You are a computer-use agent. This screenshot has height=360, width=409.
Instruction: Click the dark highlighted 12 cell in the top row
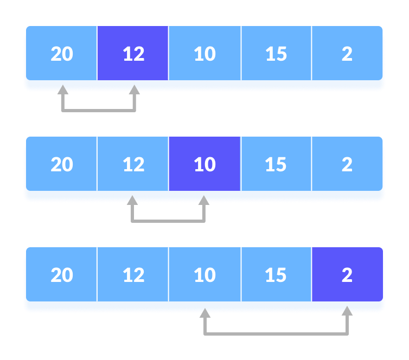pos(133,54)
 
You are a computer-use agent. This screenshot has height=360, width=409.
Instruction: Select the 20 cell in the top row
pos(62,54)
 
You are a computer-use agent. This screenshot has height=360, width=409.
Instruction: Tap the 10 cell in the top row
pos(204,54)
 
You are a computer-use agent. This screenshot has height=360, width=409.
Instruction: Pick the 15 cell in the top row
pos(276,54)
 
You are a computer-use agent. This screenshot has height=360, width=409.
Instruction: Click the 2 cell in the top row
pos(347,54)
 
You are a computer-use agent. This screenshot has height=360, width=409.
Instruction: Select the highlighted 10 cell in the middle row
pos(204,164)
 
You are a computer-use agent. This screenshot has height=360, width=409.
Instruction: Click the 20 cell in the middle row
pos(62,164)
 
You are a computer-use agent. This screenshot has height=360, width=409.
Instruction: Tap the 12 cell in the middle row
pos(133,164)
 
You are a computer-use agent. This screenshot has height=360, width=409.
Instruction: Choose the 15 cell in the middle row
pos(276,164)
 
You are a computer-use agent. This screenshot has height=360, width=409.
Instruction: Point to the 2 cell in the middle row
pos(347,164)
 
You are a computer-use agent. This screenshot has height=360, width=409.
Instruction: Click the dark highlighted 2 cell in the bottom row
pos(347,275)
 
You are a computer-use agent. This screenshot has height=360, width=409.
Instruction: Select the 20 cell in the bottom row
pos(62,275)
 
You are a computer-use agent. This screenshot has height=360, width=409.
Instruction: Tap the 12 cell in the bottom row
pos(133,275)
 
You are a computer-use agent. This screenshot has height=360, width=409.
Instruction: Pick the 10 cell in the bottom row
pos(204,275)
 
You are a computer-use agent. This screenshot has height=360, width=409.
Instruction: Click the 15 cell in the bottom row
pos(276,275)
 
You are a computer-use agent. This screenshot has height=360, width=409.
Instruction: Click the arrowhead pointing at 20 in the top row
pos(63,89)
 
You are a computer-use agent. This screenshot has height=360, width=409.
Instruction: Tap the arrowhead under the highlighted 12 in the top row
pos(135,89)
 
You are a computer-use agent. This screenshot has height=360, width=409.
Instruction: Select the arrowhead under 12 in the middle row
pos(132,200)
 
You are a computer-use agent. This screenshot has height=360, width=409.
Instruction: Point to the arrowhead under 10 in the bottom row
pos(204,313)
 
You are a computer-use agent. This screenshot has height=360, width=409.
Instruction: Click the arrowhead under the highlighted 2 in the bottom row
pos(347,311)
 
